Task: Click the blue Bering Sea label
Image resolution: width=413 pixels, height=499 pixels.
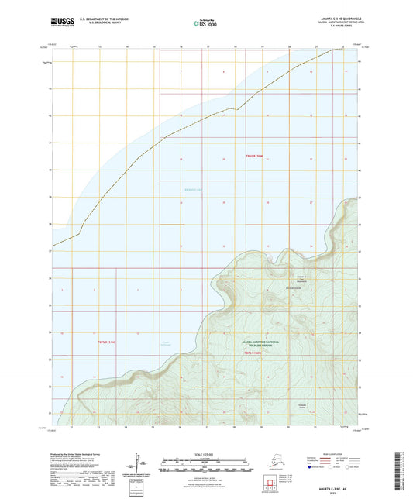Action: [x=193, y=188]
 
